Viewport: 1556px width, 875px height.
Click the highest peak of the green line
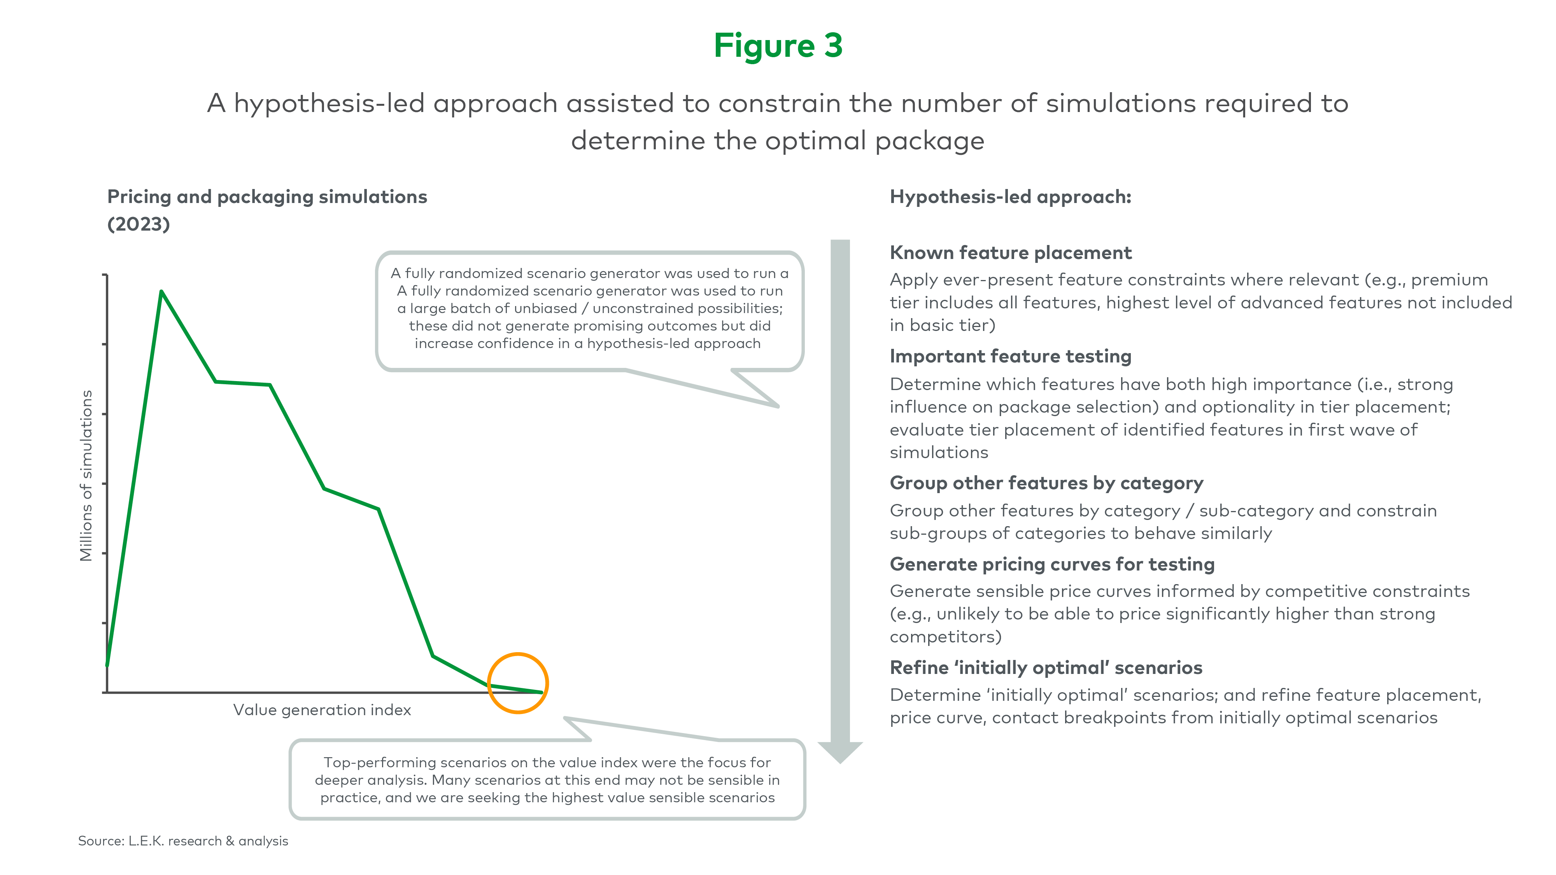coord(161,292)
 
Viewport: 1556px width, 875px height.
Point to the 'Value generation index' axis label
coord(322,710)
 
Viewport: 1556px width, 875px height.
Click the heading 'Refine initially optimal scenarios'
coord(1046,667)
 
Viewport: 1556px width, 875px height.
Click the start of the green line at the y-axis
coord(107,665)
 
